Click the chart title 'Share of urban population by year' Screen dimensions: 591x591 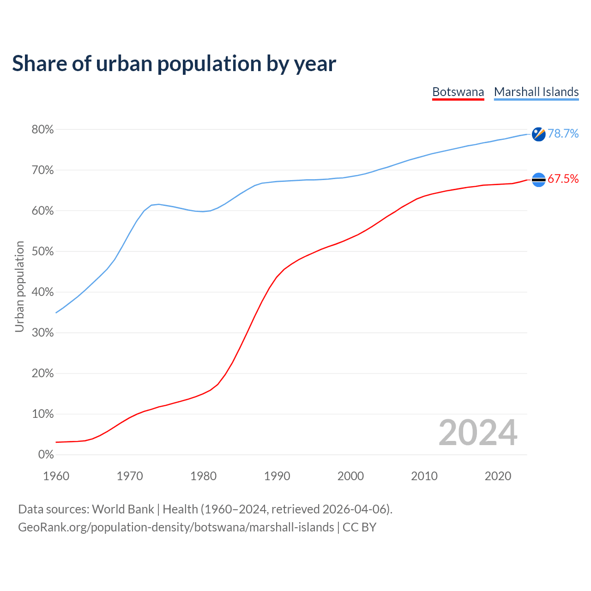(174, 64)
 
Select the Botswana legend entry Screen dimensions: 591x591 (458, 92)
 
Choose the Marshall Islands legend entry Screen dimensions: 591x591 (536, 92)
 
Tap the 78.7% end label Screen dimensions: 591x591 (563, 134)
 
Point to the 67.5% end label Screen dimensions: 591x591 (563, 179)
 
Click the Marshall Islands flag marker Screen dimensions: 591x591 (538, 134)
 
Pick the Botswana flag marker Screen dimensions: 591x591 (538, 180)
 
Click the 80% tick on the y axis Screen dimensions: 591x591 (42, 130)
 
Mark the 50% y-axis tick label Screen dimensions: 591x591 (42, 252)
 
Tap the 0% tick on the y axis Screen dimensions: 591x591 (46, 455)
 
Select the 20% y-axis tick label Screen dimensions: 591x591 (42, 374)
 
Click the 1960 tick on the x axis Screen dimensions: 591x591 (56, 476)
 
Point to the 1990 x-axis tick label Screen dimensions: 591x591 (277, 476)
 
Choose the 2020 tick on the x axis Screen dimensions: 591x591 (498, 476)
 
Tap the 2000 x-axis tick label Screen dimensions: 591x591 (350, 476)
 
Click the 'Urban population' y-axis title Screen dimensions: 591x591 (19, 286)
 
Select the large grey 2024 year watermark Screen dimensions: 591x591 (477, 433)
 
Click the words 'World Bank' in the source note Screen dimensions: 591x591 (123, 509)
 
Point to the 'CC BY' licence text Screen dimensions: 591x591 (359, 527)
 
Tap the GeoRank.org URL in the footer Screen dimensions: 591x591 (176, 527)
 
